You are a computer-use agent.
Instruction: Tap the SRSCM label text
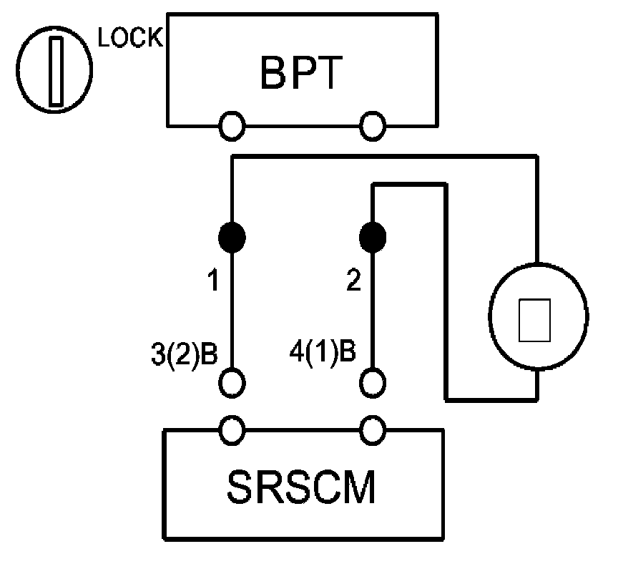[x=301, y=487]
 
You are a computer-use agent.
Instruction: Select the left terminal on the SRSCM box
[x=231, y=430]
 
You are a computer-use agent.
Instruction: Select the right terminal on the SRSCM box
[x=372, y=430]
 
